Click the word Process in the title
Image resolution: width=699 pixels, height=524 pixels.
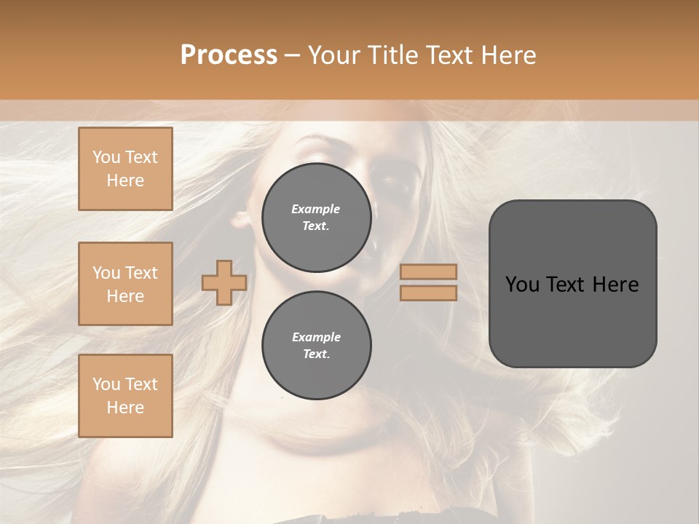click(229, 55)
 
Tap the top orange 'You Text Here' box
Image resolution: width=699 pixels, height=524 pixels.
click(125, 169)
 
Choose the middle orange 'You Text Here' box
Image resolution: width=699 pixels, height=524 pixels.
click(125, 284)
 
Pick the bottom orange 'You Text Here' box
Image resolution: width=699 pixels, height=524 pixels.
click(125, 396)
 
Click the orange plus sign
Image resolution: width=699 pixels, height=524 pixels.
click(224, 282)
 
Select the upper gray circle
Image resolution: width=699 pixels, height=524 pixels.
click(316, 218)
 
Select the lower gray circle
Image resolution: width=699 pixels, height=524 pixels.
click(316, 346)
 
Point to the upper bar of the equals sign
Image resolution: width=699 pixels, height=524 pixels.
click(428, 271)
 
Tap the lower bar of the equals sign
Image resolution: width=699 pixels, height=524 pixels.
click(428, 293)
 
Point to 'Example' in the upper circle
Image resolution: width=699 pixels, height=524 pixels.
click(316, 209)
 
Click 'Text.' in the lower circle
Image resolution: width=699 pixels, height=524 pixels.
click(316, 354)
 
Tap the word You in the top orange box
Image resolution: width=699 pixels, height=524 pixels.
click(106, 157)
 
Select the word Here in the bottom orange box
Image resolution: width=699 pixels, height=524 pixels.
click(125, 408)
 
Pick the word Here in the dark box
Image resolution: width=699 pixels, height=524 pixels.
click(616, 285)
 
